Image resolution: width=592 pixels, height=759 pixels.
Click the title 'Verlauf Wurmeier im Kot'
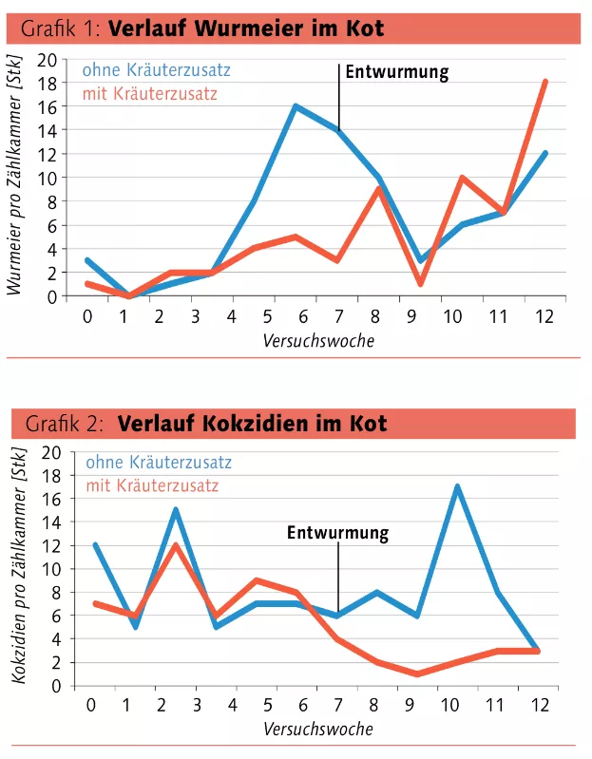pos(246,28)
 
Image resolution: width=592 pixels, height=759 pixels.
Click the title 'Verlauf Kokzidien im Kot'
pos(252,424)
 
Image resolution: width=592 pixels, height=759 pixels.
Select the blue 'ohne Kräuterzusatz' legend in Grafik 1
pos(156,70)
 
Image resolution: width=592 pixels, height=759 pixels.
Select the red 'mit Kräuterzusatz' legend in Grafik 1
pos(150,93)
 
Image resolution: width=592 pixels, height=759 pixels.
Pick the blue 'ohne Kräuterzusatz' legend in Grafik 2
pos(159,463)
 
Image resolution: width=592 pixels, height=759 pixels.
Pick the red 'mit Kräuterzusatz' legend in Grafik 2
pos(152,485)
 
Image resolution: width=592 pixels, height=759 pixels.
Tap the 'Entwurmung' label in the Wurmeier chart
pos(396,71)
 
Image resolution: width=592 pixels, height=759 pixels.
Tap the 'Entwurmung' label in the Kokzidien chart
pos(337,533)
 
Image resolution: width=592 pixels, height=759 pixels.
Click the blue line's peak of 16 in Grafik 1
pos(296,106)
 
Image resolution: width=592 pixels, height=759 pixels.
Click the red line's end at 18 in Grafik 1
pos(544,83)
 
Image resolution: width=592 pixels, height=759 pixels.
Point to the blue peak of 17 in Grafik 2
pos(458,487)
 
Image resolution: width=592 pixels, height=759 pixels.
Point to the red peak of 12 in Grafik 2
pos(177,545)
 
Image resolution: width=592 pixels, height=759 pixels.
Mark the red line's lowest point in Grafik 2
pos(417,674)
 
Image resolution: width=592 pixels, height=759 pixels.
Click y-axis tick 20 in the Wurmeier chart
pos(48,59)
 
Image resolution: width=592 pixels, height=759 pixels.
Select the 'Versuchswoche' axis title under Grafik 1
pos(318,340)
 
